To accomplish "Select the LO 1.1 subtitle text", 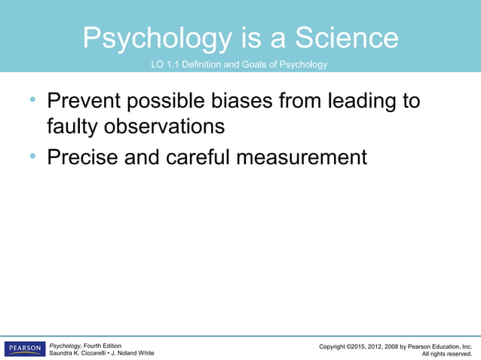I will (240, 65).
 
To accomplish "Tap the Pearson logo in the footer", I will (24, 349).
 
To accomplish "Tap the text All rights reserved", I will (446, 353).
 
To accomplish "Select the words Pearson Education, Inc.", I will (441, 346).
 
